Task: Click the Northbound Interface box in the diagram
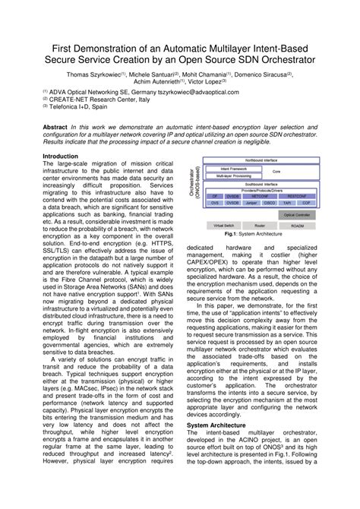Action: pos(259,161)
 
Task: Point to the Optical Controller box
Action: pos(297,215)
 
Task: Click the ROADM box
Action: pos(297,226)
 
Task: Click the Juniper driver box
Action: pos(251,203)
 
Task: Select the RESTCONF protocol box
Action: pos(298,196)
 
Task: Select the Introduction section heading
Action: pos(60,155)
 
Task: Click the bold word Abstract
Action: pos(55,127)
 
